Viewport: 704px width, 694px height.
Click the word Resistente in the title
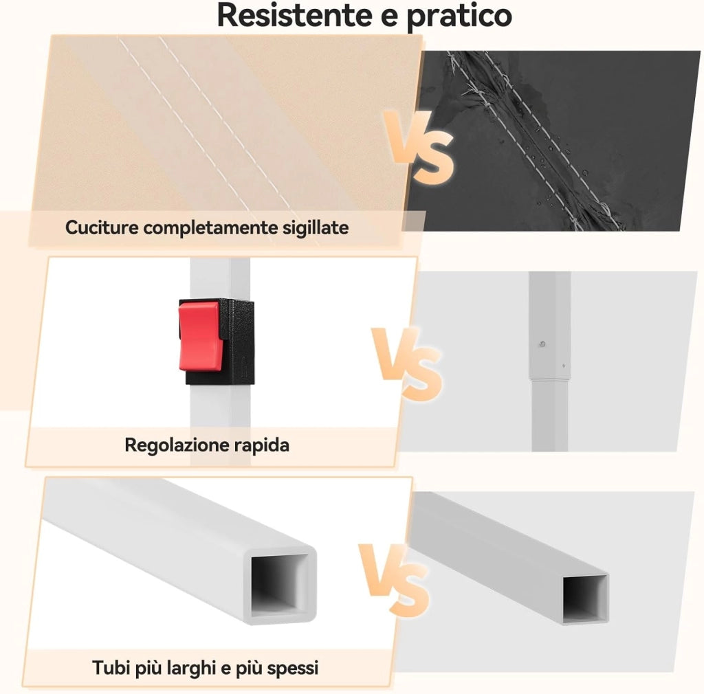(x=294, y=15)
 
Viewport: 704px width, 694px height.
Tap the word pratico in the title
(x=459, y=17)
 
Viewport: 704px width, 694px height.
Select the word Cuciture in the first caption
(x=102, y=227)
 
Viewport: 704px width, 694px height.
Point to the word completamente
(x=210, y=228)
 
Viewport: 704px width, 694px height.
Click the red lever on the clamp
(x=199, y=335)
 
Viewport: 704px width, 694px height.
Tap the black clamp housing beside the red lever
(x=237, y=342)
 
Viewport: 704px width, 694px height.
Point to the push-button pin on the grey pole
(x=542, y=344)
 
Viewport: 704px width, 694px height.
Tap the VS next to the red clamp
(x=407, y=363)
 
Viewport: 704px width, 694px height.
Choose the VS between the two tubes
(x=394, y=580)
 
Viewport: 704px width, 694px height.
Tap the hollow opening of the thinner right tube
(x=584, y=597)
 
